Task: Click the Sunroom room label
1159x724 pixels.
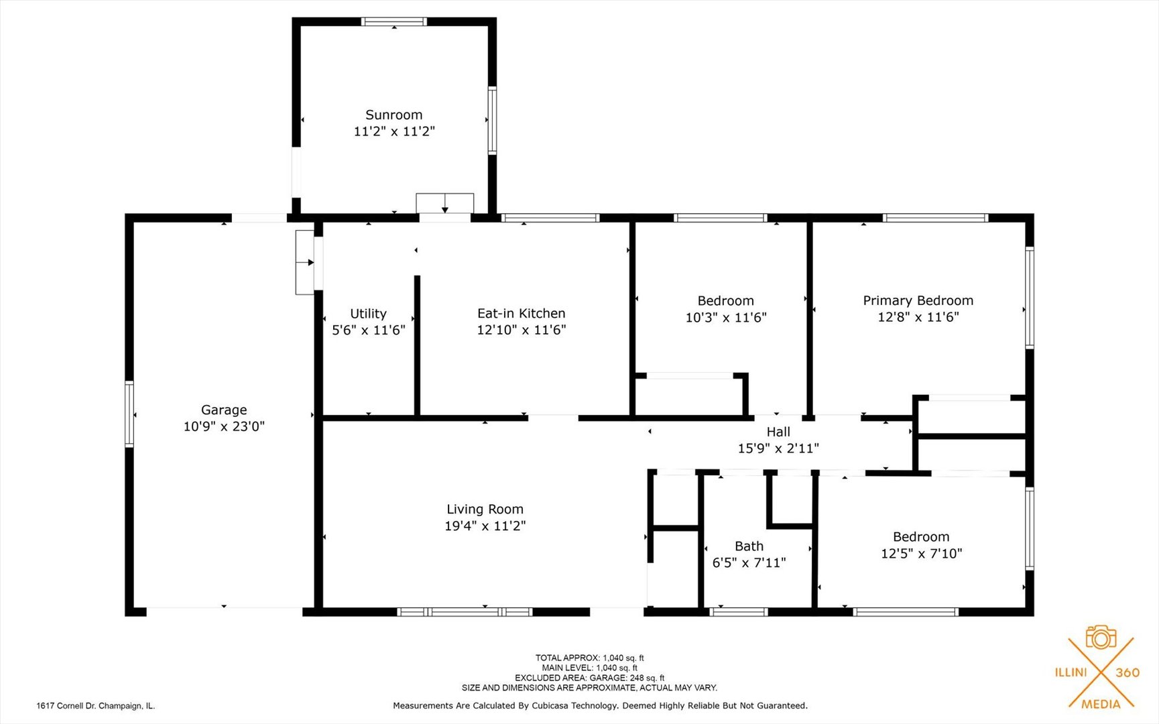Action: coord(393,115)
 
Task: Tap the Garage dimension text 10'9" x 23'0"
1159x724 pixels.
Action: coord(224,426)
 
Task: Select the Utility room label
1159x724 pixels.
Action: coord(368,314)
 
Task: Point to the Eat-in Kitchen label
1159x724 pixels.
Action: coord(521,313)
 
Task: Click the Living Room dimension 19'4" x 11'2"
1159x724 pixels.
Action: coord(485,526)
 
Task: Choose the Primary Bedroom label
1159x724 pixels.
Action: coord(918,301)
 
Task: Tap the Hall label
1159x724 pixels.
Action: coord(778,432)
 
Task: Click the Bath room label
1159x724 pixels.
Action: coord(749,546)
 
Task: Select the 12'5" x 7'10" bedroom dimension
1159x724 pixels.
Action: coord(921,553)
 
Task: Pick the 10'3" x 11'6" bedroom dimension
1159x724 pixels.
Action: coord(725,317)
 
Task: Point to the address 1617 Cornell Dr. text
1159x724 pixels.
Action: coord(95,706)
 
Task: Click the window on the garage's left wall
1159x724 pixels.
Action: coord(129,414)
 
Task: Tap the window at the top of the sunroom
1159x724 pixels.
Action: coord(394,21)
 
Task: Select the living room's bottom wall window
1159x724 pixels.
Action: coord(465,611)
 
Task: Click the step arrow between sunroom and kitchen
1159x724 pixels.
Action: coord(445,204)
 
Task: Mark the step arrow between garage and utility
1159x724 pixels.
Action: coord(305,262)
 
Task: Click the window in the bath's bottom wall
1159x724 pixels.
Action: coord(739,611)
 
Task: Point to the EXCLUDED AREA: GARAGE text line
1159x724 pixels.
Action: coord(589,678)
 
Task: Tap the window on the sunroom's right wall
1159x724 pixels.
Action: coord(493,121)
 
